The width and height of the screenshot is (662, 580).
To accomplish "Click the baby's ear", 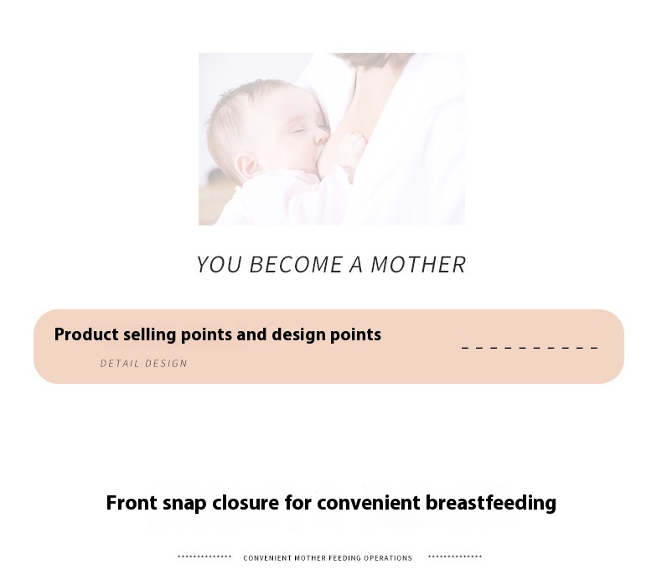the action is pos(247,166).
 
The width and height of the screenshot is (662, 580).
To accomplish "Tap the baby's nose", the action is pos(322,136).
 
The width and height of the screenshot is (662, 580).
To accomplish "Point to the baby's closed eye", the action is pos(299,130).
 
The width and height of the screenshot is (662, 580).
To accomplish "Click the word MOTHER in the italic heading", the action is pos(418,265).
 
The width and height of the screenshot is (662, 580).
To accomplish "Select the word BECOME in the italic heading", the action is pos(296,265).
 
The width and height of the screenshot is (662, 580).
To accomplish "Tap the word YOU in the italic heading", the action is pos(219,265).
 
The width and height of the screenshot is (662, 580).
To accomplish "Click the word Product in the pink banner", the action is pos(86,334).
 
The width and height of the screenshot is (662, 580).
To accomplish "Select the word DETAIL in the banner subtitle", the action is pos(120,364).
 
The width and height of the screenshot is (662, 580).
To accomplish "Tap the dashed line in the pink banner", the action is pos(530,348).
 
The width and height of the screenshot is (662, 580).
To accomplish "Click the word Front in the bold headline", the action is pos(132,503).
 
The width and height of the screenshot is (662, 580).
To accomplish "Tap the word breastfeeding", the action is pos(490,503).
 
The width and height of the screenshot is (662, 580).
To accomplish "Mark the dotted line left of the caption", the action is pos(204,557).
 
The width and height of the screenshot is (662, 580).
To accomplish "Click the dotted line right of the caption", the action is pos(455,557).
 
